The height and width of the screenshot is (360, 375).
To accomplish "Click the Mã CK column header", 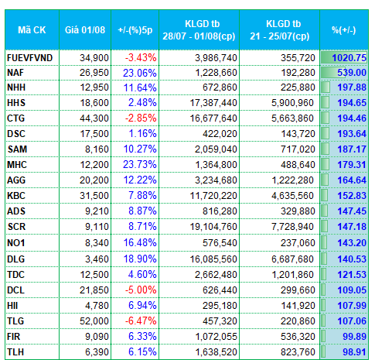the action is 32,30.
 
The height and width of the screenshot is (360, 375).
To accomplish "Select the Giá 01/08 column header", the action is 85,30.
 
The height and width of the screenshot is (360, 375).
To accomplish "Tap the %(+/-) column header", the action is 344,30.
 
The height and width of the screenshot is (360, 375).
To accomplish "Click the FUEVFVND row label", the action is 30,57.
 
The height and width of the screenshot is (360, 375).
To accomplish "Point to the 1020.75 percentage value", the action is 349,57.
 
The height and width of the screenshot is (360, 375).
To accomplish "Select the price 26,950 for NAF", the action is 94,73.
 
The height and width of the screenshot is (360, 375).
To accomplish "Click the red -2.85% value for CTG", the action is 141,118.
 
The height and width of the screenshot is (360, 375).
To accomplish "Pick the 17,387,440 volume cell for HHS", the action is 213,103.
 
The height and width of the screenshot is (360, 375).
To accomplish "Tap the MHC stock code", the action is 17,165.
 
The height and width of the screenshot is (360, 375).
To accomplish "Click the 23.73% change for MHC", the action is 140,165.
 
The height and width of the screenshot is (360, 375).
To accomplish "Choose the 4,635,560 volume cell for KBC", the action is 292,196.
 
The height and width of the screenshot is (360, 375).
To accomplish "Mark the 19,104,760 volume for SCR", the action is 213,227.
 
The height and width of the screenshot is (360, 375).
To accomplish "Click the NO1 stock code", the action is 16,243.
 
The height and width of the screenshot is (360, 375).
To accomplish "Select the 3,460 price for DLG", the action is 97,259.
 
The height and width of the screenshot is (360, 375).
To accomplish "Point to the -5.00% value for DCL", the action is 141,290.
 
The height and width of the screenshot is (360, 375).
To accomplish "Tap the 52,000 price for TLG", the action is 94,321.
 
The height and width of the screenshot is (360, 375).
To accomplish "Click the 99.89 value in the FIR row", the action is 354,337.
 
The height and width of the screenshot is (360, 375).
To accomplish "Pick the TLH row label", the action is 15,352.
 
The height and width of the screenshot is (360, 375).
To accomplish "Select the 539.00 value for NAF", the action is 352,73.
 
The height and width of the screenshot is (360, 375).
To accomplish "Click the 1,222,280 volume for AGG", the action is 293,180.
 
